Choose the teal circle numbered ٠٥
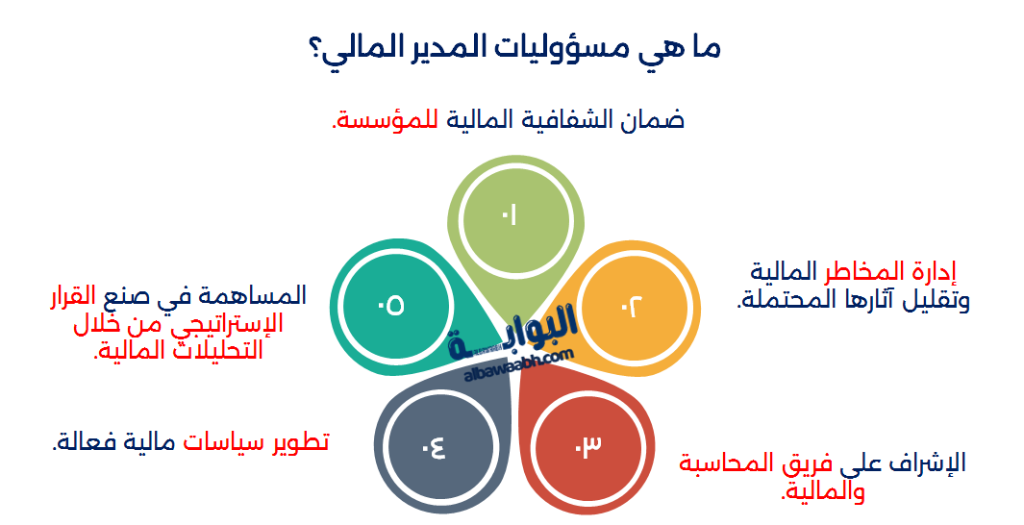(390, 305)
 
